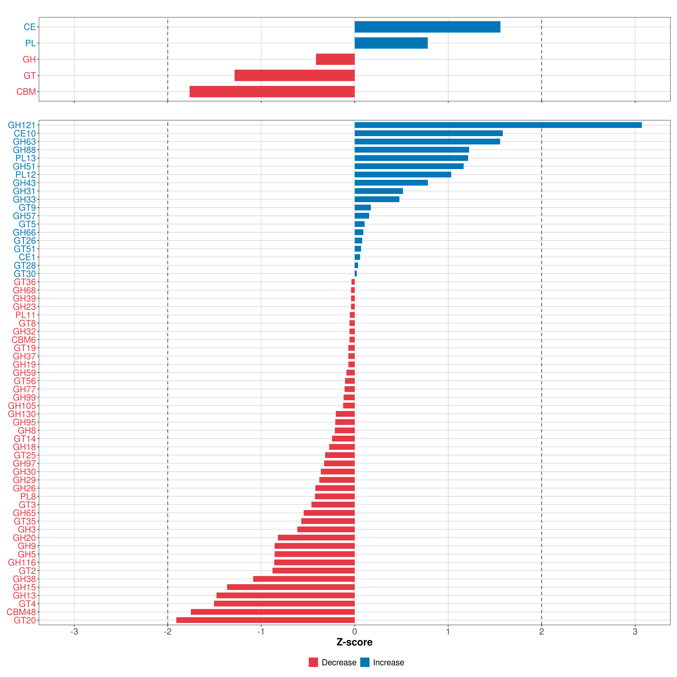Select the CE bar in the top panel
click(427, 27)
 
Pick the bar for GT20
click(265, 620)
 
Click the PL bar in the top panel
click(391, 43)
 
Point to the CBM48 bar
click(273, 612)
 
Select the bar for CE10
click(429, 133)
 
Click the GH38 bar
click(304, 579)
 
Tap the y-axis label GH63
click(24, 142)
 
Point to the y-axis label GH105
click(22, 406)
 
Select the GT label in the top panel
click(29, 75)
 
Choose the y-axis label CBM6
click(23, 339)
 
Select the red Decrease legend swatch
click(313, 662)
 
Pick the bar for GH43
click(391, 183)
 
